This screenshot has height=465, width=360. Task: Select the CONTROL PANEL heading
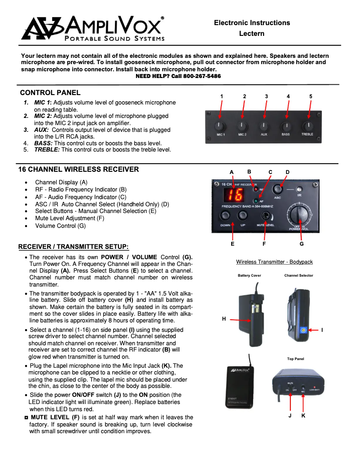click(x=50, y=93)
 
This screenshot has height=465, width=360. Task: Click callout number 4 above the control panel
click(x=288, y=96)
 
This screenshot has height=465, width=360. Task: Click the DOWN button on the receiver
click(x=225, y=216)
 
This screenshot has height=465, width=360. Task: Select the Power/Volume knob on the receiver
click(x=298, y=214)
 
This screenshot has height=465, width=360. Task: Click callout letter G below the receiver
click(x=302, y=244)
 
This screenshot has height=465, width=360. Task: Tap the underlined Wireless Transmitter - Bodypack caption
click(x=274, y=262)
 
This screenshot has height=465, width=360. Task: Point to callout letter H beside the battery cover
click(x=224, y=319)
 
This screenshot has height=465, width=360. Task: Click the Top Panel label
click(x=295, y=359)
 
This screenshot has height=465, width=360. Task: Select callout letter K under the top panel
click(x=303, y=416)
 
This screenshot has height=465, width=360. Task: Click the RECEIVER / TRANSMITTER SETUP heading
click(x=73, y=247)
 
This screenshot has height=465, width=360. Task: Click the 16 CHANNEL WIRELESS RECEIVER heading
click(x=79, y=169)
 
